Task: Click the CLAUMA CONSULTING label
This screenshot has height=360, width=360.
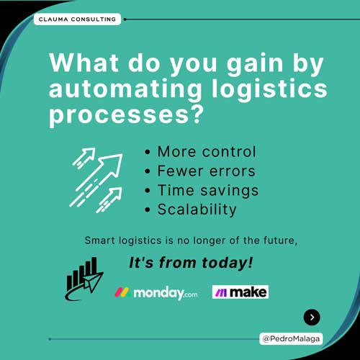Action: coord(77,19)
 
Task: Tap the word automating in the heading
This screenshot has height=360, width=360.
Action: coord(125,89)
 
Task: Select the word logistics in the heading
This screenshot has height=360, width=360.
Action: coord(269,89)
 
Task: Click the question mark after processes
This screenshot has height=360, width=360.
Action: coord(197,114)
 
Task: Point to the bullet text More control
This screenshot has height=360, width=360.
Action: coord(207,152)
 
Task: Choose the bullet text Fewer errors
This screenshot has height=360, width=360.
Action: coord(207,171)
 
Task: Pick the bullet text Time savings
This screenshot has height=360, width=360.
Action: coord(208,191)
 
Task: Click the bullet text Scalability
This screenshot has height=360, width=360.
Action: coord(197,210)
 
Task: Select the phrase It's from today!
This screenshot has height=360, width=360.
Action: coord(191,263)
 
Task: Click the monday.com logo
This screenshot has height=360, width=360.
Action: coord(156,293)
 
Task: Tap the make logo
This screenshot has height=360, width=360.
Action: coord(240,292)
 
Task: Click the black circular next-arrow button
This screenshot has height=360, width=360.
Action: coord(312,318)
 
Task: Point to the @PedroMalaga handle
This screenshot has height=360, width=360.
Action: coord(291,339)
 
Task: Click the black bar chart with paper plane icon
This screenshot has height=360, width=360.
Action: coord(84,279)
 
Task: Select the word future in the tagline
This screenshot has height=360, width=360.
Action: coord(280,240)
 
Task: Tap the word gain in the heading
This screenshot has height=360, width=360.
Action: coord(255,64)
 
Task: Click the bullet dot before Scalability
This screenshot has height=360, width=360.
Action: coord(148,210)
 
